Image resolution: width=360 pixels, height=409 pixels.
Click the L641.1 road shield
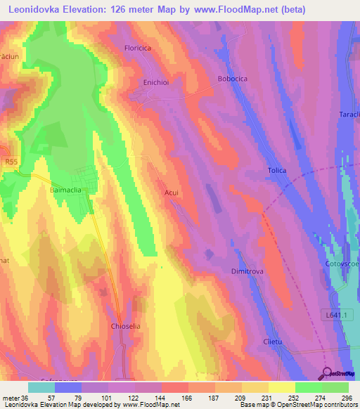pos(339,314)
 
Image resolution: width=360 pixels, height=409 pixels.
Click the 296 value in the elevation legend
pos(347,398)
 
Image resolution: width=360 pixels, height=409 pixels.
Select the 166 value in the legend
pos(188,398)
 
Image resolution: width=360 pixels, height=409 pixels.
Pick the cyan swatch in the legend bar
pos(41,387)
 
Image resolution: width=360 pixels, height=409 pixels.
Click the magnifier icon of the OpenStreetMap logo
pos(328,374)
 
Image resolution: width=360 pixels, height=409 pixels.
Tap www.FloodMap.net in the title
pos(232,11)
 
